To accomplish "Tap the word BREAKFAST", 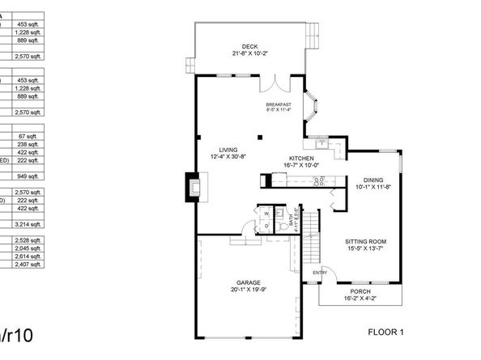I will point(278,104).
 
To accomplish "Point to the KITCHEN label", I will point(302,158).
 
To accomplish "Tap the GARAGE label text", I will point(248,282).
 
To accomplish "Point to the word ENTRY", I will point(320,272).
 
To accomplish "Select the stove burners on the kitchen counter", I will point(320,180).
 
